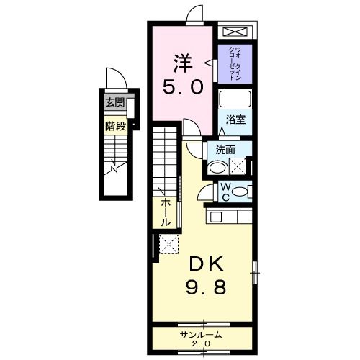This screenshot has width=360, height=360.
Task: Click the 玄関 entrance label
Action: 114,103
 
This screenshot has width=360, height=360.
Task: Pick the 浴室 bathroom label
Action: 236,120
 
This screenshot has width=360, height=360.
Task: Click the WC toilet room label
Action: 224,192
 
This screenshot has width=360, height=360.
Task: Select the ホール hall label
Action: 166,212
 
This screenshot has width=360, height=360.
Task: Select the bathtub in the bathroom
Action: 235,99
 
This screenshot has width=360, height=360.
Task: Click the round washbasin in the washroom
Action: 216,168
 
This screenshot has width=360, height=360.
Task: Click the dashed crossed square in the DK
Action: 168,246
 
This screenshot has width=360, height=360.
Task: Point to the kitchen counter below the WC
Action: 230,215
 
